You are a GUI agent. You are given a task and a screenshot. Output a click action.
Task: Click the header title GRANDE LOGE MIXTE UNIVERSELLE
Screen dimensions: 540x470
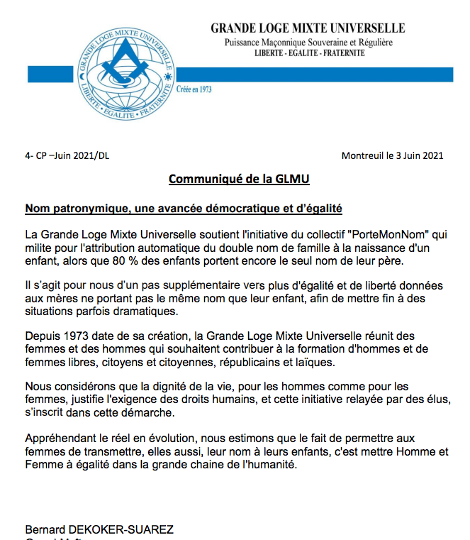(308, 28)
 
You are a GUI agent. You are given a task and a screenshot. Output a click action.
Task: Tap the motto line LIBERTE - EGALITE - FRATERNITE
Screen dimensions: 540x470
(308, 53)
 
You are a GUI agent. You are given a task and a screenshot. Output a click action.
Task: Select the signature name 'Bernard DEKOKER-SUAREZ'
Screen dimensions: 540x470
(99, 529)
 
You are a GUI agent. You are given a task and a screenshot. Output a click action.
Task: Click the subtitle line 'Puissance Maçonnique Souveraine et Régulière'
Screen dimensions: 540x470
(308, 42)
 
